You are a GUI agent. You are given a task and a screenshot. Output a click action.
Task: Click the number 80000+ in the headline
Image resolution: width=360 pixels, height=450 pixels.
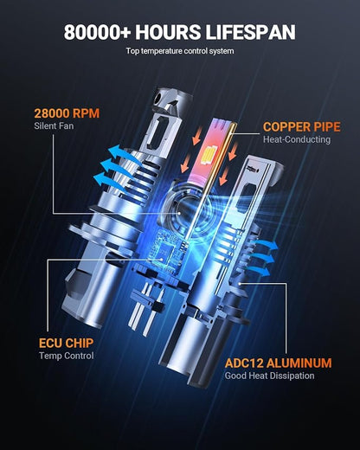tap(97, 32)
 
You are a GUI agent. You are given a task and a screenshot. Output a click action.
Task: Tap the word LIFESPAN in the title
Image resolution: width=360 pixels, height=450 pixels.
tap(250, 32)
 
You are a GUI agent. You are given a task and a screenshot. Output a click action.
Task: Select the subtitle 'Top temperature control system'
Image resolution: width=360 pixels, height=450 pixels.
tap(180, 51)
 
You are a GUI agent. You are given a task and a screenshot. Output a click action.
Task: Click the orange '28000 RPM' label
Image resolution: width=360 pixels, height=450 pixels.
tap(67, 113)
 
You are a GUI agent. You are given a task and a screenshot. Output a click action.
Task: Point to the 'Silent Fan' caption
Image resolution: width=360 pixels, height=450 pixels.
tap(54, 126)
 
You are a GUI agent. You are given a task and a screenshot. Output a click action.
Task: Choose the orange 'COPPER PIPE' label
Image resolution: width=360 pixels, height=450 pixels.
tap(302, 127)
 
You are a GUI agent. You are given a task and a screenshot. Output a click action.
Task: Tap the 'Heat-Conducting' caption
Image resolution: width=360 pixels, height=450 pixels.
tap(297, 139)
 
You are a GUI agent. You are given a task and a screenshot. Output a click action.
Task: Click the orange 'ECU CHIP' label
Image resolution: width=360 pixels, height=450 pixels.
tap(66, 343)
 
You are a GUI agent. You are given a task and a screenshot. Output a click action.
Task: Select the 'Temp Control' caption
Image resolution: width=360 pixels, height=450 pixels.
tap(66, 356)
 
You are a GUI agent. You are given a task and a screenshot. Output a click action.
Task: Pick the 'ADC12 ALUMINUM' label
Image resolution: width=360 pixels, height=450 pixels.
tap(278, 363)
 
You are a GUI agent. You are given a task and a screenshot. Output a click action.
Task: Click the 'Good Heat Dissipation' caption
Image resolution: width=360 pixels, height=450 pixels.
tap(269, 376)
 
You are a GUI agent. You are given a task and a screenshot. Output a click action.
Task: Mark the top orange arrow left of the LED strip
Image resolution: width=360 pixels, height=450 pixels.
tap(197, 136)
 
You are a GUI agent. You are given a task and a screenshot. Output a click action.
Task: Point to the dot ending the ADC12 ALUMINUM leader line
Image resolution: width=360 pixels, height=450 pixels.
tap(240, 284)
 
